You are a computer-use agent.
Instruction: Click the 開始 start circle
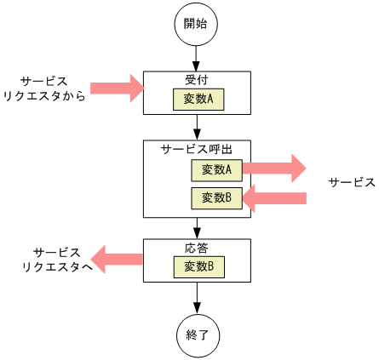(x=197, y=25)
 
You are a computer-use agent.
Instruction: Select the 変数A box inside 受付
(x=198, y=100)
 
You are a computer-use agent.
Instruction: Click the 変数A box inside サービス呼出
(x=216, y=169)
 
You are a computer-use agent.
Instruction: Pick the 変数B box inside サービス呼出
(x=216, y=198)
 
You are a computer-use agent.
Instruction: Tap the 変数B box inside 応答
(x=198, y=267)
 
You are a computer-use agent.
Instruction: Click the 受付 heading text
(x=197, y=79)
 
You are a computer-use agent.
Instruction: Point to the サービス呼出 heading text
(x=197, y=148)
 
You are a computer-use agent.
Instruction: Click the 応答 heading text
(x=197, y=248)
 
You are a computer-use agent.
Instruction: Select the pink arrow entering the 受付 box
(x=118, y=87)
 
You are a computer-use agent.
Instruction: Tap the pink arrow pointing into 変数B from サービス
(x=274, y=198)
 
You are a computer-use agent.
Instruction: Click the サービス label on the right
(x=352, y=183)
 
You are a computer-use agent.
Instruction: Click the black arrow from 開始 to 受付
(x=197, y=59)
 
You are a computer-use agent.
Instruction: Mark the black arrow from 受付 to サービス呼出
(x=197, y=127)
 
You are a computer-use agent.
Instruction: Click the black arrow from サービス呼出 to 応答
(x=197, y=228)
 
